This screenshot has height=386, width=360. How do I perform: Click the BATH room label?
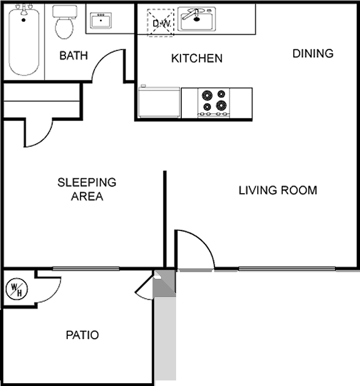click(74, 56)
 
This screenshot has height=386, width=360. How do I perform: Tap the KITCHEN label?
click(197, 58)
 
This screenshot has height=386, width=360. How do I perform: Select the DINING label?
click(313, 53)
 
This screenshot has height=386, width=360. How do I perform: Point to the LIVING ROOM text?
click(278, 191)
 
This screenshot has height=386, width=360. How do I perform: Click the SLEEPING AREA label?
click(87, 189)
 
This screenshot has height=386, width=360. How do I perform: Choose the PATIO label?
click(82, 335)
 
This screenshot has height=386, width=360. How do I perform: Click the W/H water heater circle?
click(17, 289)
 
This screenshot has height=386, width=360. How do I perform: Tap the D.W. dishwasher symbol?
click(161, 23)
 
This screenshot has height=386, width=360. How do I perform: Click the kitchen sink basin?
click(197, 19)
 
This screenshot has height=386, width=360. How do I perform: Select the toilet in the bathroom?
click(64, 22)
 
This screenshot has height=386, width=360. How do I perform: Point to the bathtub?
click(24, 41)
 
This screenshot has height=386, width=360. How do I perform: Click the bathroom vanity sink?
click(101, 21)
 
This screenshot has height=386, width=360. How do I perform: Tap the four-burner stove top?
click(214, 102)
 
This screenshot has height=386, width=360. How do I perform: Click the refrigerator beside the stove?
click(159, 102)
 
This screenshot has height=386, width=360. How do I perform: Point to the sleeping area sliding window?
click(86, 269)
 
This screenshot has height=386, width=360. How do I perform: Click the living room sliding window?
click(287, 269)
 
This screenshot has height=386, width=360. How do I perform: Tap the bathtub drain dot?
click(24, 20)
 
